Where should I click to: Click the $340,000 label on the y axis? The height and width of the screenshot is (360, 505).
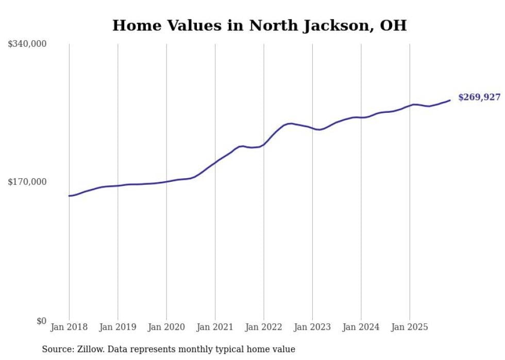27,44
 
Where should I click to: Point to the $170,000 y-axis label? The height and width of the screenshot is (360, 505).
27,182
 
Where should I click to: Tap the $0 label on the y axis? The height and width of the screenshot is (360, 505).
41,321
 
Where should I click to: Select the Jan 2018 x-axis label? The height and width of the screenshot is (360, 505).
69,327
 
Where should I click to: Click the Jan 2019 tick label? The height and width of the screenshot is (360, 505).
117,327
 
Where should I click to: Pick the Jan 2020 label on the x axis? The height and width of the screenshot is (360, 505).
166,327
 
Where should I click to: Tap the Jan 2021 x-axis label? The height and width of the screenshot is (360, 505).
215,327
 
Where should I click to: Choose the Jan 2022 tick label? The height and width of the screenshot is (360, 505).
264,327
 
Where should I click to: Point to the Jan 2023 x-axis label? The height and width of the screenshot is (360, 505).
312,327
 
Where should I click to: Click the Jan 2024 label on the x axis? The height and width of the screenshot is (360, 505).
361,327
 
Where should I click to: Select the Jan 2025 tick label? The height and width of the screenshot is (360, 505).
410,327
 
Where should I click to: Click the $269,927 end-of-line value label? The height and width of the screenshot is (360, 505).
479,97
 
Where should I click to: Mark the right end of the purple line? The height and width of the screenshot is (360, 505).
450,100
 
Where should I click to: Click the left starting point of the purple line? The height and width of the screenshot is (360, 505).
69,196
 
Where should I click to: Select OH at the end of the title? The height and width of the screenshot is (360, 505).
393,25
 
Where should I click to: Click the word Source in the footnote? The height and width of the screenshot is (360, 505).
57,349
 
